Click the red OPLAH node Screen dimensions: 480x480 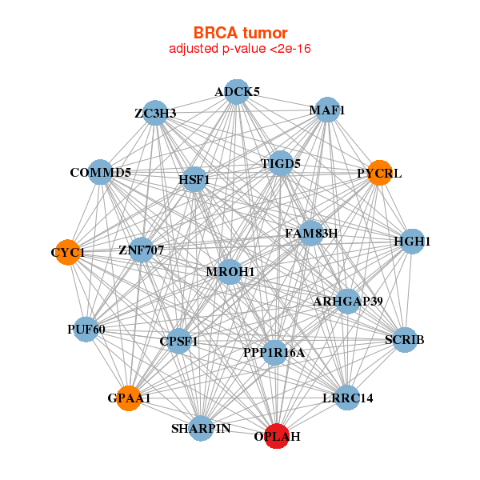[x=276, y=436]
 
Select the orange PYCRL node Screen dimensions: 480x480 [x=380, y=172]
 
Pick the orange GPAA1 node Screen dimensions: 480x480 [x=129, y=398]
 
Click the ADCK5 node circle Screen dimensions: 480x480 [x=237, y=92]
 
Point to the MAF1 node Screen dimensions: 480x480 [x=327, y=110]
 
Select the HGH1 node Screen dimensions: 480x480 [x=411, y=241]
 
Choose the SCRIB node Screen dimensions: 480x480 [x=405, y=340]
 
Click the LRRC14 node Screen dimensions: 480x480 [x=347, y=397]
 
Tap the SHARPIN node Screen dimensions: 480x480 [x=201, y=428]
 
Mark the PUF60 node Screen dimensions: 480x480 [x=86, y=329]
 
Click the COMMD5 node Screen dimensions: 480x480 [x=100, y=172]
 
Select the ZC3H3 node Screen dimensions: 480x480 [x=155, y=113]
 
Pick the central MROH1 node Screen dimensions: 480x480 [x=230, y=272]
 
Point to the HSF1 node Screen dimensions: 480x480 [x=194, y=180]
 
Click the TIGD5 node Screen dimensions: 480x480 [x=280, y=164]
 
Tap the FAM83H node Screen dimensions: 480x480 [x=311, y=234]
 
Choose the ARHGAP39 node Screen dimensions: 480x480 [x=348, y=302]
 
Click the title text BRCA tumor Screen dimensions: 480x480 [x=240, y=33]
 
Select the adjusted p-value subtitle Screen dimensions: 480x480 [x=240, y=49]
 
